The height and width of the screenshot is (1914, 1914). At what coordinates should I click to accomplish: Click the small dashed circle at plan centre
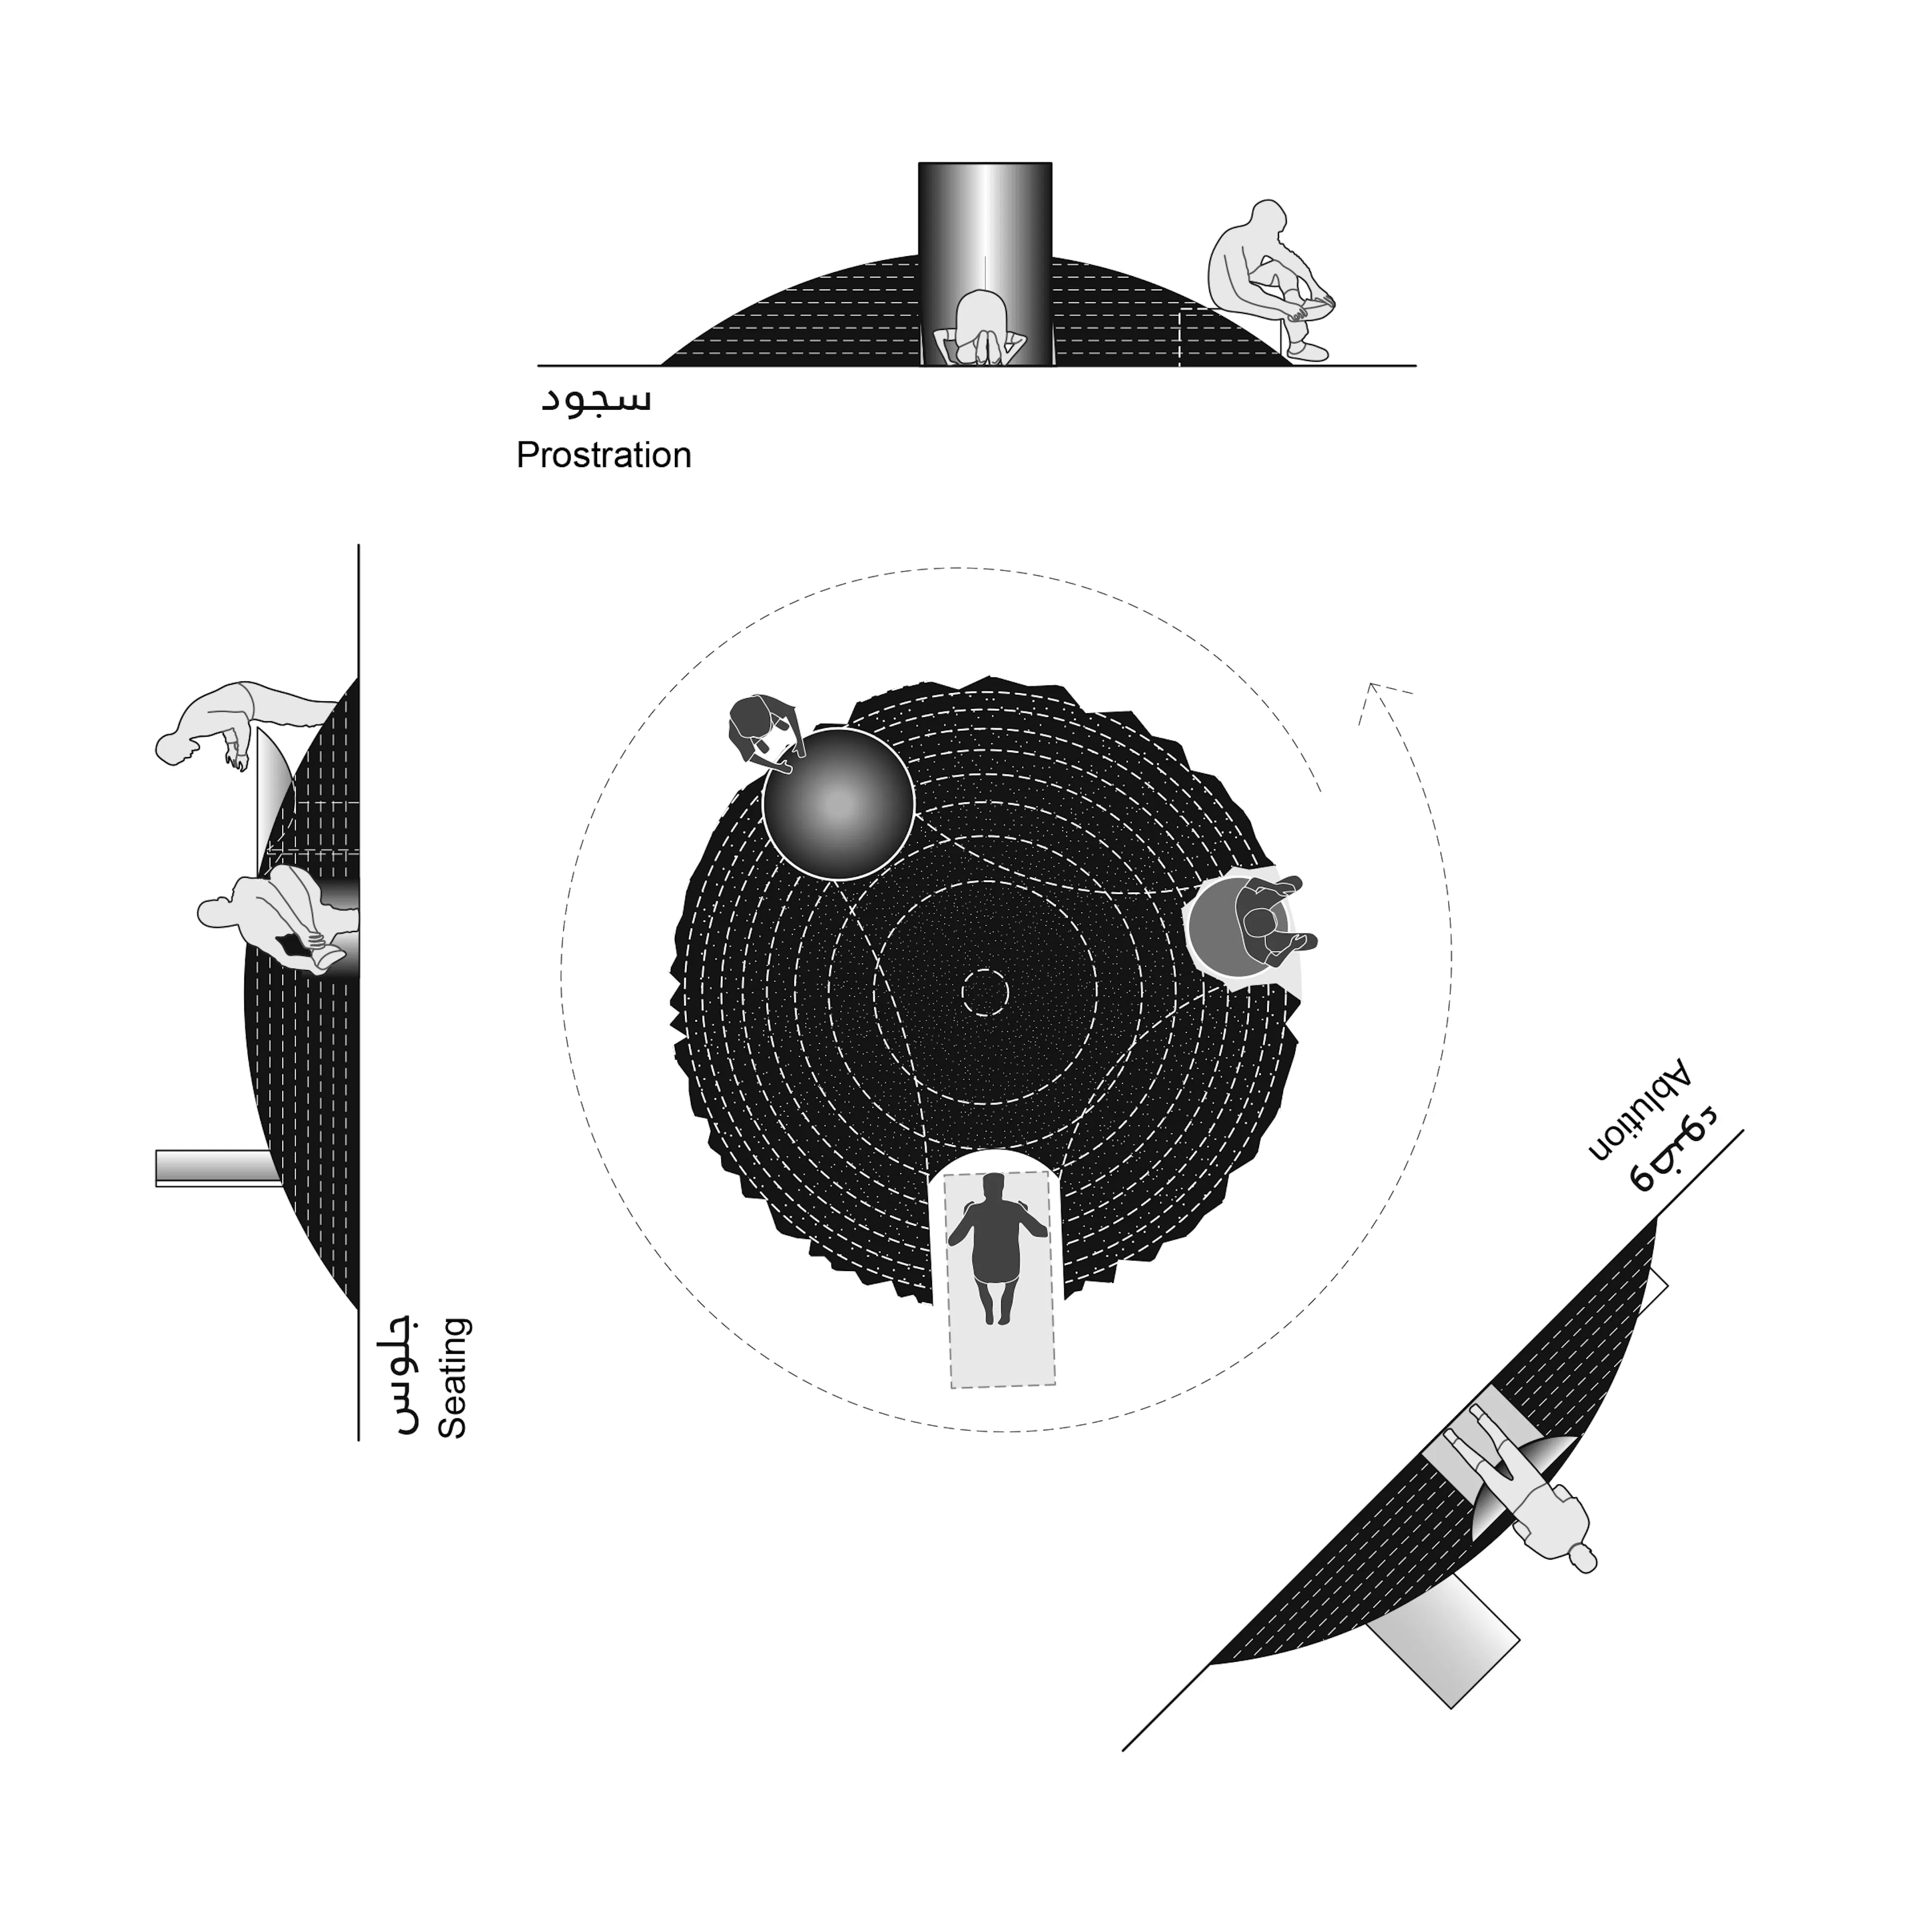click(x=986, y=991)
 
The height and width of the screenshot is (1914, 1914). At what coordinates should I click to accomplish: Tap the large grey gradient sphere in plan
click(x=837, y=803)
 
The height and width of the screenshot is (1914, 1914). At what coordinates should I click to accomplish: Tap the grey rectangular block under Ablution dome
click(x=1444, y=1647)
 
